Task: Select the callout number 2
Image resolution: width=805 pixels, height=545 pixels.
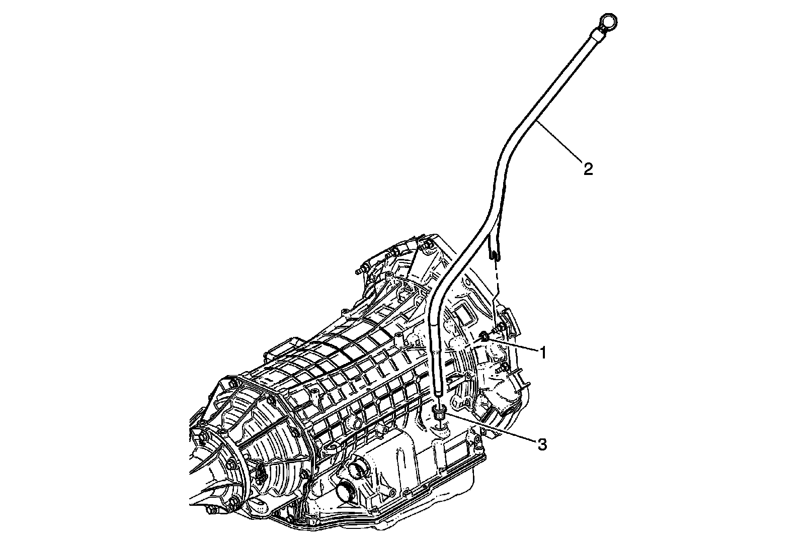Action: click(588, 169)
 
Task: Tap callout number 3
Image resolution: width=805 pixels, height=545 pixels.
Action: click(542, 444)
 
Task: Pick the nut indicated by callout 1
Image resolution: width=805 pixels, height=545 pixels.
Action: click(484, 336)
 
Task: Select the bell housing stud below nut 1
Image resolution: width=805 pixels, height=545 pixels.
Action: click(502, 370)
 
